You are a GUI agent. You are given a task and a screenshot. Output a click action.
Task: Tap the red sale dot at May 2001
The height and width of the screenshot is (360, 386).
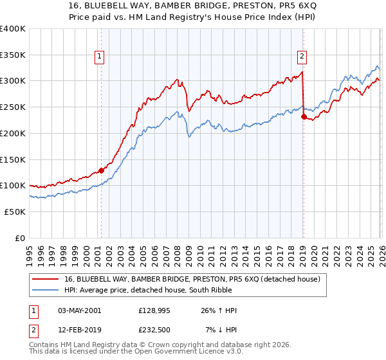101,170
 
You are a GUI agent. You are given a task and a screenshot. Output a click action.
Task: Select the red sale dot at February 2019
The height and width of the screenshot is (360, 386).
303,116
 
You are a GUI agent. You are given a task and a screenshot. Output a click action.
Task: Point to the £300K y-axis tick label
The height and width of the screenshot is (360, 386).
12,81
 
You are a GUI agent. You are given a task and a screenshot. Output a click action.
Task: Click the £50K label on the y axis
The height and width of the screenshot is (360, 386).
15,212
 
